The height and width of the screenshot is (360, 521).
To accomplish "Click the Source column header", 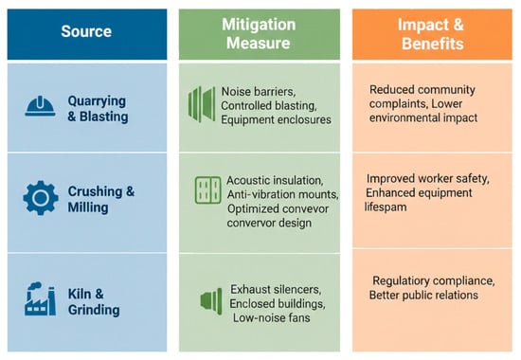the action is [x=86, y=31].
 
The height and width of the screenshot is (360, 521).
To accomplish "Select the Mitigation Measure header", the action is [x=259, y=34].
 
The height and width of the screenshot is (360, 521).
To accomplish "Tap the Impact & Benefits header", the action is [x=432, y=34].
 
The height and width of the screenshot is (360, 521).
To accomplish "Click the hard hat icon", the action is [x=40, y=106].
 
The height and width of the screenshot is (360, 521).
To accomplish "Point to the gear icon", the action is [x=41, y=198].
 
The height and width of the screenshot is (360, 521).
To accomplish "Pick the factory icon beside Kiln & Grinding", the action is [x=40, y=298].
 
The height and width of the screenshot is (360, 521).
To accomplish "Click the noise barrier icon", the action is [x=202, y=104].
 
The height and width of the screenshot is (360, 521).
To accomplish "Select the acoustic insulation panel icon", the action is [x=207, y=190].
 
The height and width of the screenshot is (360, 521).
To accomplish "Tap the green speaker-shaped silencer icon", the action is [x=211, y=301].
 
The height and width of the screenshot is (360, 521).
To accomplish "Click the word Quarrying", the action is [x=97, y=101].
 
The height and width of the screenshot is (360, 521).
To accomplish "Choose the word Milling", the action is [x=88, y=207].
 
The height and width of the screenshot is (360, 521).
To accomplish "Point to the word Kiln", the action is [x=79, y=294].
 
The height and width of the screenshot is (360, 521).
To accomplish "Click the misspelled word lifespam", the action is [x=386, y=207].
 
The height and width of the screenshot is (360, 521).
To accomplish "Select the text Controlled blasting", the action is [x=268, y=106].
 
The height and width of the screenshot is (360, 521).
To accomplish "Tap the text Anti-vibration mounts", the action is [x=282, y=194].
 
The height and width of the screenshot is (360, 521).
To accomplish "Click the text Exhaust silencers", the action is [x=276, y=290].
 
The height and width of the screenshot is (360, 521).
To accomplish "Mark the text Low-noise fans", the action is [x=272, y=317].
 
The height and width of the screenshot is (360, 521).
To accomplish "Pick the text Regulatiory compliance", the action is [x=433, y=280].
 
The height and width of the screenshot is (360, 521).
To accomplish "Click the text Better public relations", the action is [x=423, y=296].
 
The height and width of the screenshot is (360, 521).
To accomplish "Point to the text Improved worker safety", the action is [x=427, y=179].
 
